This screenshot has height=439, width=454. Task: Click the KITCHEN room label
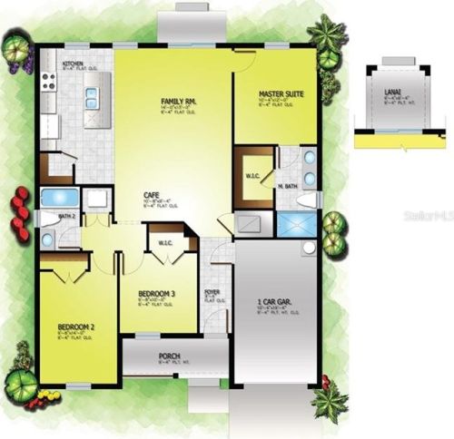click(x=73, y=63)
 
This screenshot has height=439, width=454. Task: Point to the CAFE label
click(x=153, y=195)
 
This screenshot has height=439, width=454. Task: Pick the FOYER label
click(x=212, y=292)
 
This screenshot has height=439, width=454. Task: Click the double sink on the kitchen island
click(x=92, y=97)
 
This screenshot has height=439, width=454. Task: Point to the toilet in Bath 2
click(x=46, y=218)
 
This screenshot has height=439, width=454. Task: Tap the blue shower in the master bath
click(x=293, y=224)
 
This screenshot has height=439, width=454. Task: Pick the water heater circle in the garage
click(x=309, y=247)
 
